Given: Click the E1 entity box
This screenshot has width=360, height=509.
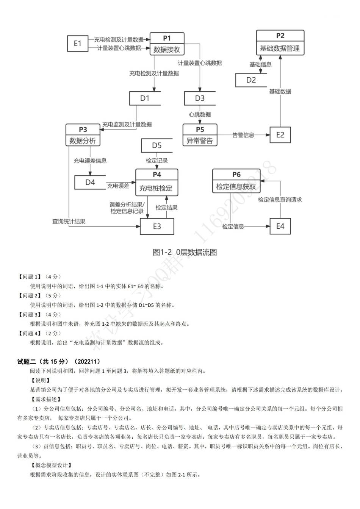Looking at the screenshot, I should tap(78, 43).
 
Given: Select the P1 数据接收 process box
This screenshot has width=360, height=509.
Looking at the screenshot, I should tap(167, 44).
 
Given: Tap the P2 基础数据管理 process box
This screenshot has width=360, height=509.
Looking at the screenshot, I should tap(280, 42).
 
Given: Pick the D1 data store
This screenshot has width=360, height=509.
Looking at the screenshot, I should tap(145, 98).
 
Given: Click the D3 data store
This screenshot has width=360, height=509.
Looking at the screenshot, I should tap(200, 98).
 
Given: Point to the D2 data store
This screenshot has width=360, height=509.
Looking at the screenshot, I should tap(251, 80).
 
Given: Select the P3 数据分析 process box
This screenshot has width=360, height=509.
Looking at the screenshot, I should tap(83, 135).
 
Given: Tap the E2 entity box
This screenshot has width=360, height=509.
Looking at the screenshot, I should tap(280, 135).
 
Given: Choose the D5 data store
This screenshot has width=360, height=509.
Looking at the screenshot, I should tap(157, 145).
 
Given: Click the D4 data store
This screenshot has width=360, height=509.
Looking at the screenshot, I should tap(90, 182).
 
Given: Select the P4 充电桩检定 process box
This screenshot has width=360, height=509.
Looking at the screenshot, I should tap(157, 182).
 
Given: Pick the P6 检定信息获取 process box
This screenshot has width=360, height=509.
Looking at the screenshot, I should tap(236, 181).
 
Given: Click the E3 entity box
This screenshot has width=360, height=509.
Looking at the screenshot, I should tap(157, 226).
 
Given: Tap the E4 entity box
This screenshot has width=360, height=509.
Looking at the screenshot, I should tap(280, 226).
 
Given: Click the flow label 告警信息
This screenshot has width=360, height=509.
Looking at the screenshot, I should tap(243, 135).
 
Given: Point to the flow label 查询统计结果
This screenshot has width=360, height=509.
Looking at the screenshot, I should tap(69, 222).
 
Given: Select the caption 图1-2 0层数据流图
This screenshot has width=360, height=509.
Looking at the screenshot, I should tap(185, 252).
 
